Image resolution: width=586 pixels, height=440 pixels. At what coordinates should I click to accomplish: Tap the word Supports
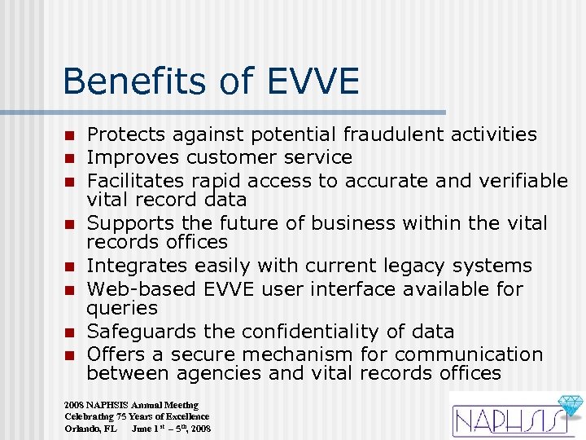127,222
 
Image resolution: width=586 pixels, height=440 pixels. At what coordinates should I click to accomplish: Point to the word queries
122,308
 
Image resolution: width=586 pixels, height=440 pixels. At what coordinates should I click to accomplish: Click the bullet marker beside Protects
70,135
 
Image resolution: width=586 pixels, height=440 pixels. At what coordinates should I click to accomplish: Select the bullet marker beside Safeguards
70,332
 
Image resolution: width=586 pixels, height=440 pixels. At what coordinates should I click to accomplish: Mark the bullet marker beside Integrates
70,266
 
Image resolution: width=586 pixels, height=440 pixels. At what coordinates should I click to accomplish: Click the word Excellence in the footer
180,416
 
